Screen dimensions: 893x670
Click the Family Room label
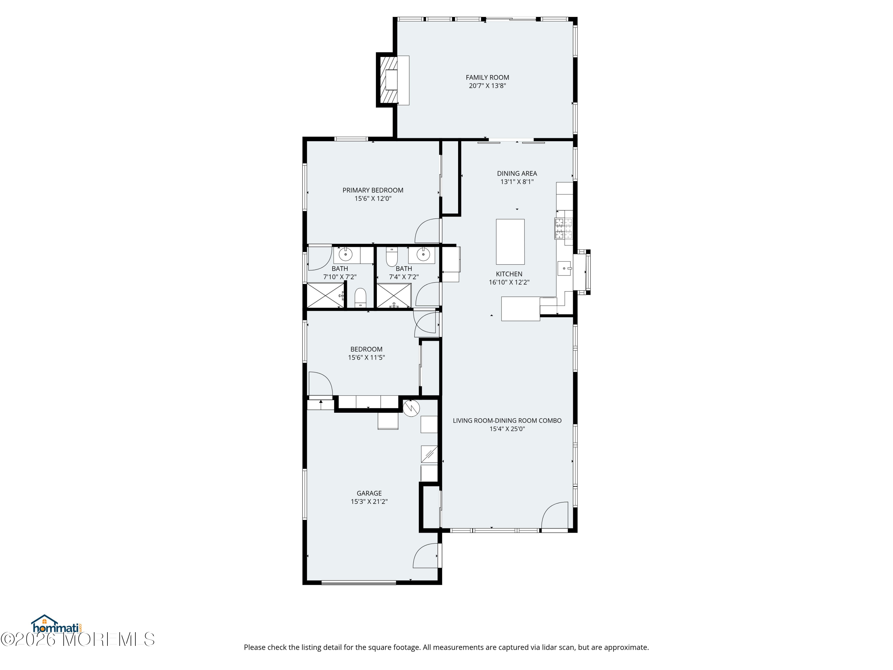click(487, 77)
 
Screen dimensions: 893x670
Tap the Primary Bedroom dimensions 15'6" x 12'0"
click(373, 199)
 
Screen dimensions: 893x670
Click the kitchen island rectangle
click(510, 241)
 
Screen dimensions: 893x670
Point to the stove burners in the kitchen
click(563, 229)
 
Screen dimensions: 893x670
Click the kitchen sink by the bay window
click(564, 268)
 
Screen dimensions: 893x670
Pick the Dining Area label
click(517, 174)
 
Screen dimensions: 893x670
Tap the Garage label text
click(369, 493)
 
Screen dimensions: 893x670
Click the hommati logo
click(57, 624)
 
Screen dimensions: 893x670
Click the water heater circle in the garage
click(411, 408)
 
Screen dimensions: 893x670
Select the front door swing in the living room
click(555, 515)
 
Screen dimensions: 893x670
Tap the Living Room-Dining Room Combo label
click(507, 420)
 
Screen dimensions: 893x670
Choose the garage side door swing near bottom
click(425, 555)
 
